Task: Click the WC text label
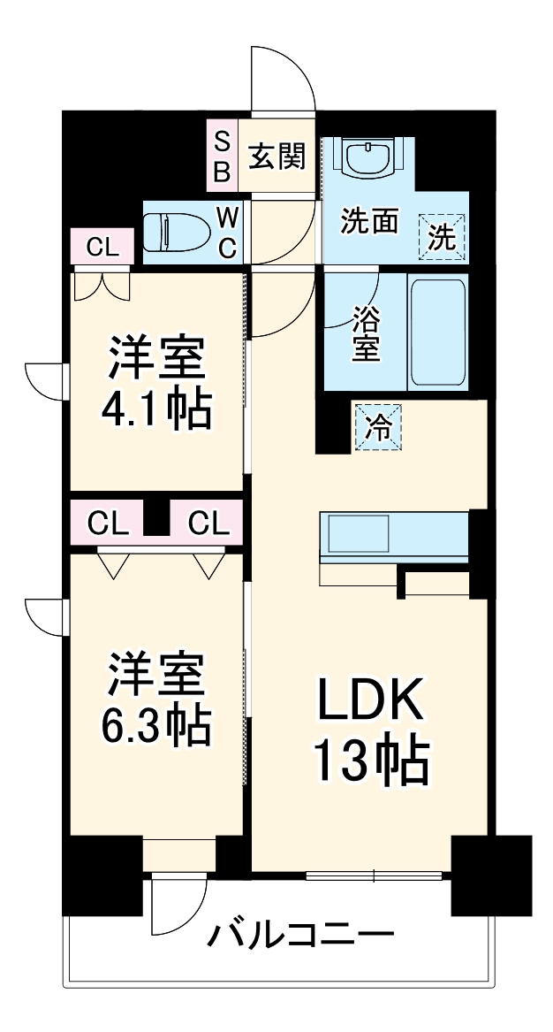[x=227, y=233]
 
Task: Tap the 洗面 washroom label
[x=371, y=221]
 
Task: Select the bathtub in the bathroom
[x=437, y=332]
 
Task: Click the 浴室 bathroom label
[x=367, y=333]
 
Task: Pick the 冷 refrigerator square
[x=377, y=427]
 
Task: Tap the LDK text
[x=370, y=702]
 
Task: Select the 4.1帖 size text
[x=157, y=409]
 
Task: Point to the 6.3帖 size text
[x=157, y=724]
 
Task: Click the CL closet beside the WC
[x=102, y=247]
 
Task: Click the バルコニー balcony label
[x=300, y=934]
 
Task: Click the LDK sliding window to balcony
[x=374, y=876]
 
